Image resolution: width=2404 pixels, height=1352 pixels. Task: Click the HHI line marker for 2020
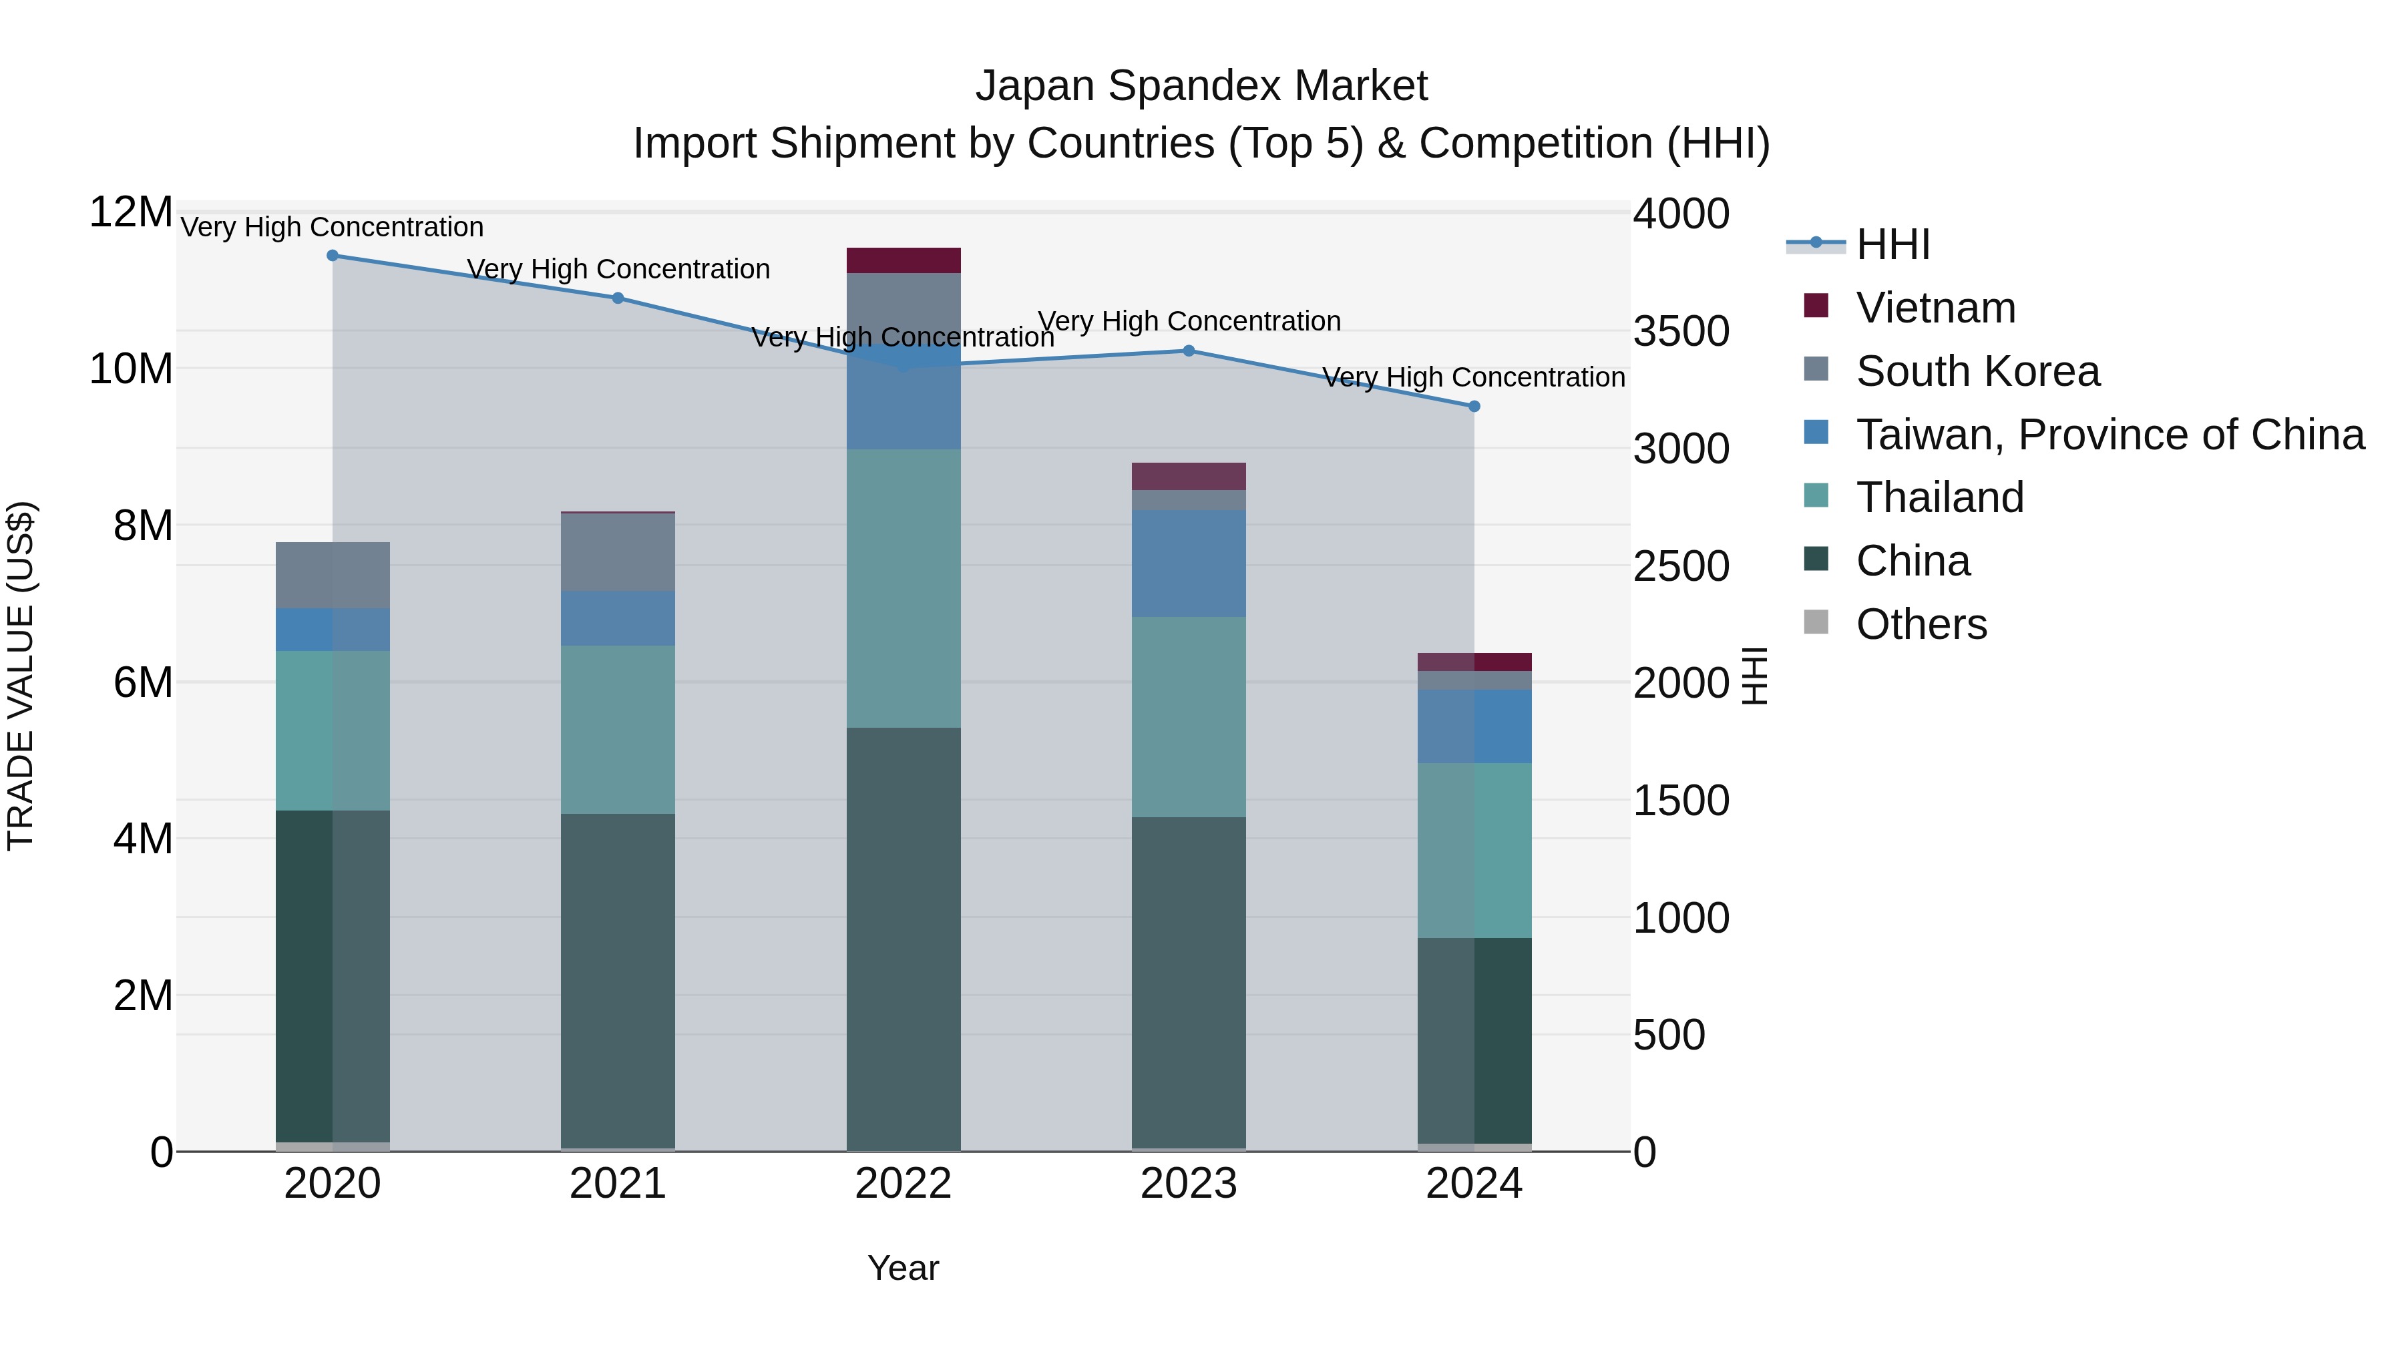point(333,256)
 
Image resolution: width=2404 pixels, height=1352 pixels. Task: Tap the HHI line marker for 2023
point(1188,351)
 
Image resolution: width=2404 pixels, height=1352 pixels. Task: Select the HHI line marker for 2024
point(1474,407)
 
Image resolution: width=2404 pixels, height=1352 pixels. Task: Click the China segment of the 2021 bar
point(617,979)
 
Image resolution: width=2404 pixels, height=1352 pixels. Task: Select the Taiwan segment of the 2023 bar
point(1188,563)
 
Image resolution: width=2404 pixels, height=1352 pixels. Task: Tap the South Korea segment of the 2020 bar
point(333,575)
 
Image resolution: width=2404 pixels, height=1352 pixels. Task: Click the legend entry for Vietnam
point(1935,308)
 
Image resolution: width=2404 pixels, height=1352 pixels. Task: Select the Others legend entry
point(1921,624)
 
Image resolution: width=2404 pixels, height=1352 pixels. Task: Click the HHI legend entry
point(1892,244)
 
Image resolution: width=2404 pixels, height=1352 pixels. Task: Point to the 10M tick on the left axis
point(131,369)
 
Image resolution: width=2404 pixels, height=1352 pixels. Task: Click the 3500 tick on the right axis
point(1681,331)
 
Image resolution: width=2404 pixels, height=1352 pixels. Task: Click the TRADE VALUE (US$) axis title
point(21,676)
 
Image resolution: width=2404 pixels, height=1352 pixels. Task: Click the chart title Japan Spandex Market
point(1201,86)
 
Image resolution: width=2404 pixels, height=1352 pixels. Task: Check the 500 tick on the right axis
point(1669,1035)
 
